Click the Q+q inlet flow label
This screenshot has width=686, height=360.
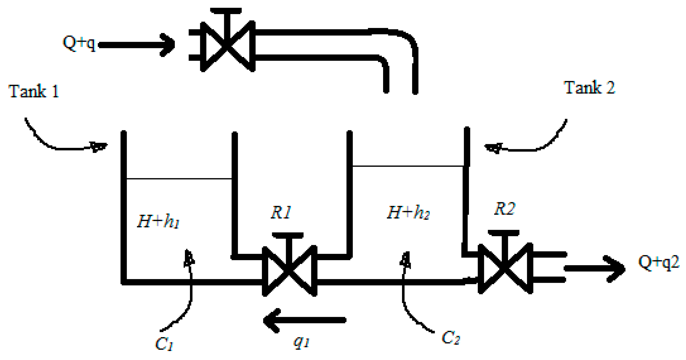(79, 44)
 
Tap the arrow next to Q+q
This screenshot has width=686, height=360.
(137, 45)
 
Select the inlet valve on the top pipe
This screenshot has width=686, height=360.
(228, 45)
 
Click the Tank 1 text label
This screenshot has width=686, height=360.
(34, 91)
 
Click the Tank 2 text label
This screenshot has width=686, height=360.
(589, 87)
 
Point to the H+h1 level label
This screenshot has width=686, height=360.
(158, 221)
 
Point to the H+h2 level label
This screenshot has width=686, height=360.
(408, 212)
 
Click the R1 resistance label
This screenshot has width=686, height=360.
(281, 212)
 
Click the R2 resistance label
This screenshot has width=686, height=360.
(505, 209)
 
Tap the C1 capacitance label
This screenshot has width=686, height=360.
(164, 344)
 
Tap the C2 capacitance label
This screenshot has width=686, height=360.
(451, 337)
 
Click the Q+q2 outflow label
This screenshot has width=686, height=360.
(659, 262)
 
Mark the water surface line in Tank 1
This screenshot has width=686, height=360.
(179, 179)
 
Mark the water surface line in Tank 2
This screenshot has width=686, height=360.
(408, 166)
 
